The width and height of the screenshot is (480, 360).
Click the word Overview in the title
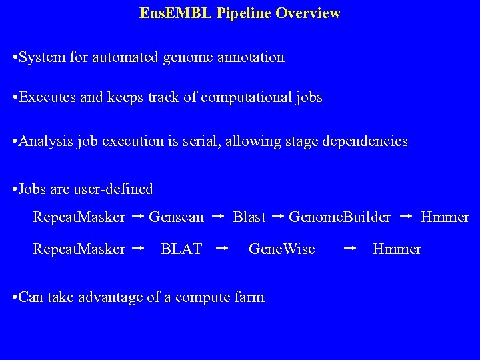tap(312, 13)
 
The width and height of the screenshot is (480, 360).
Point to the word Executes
tap(48, 97)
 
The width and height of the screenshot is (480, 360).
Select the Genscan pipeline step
tap(176, 217)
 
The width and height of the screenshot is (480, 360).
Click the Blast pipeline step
tap(249, 217)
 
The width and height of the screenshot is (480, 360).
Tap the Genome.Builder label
tap(339, 217)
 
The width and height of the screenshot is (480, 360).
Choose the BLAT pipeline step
tap(181, 249)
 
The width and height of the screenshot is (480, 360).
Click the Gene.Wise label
tap(281, 249)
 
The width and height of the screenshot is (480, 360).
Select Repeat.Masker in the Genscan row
tap(79, 217)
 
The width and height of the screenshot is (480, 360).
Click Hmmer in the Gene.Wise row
tap(397, 249)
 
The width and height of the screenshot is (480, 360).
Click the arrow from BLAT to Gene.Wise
tap(222, 249)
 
